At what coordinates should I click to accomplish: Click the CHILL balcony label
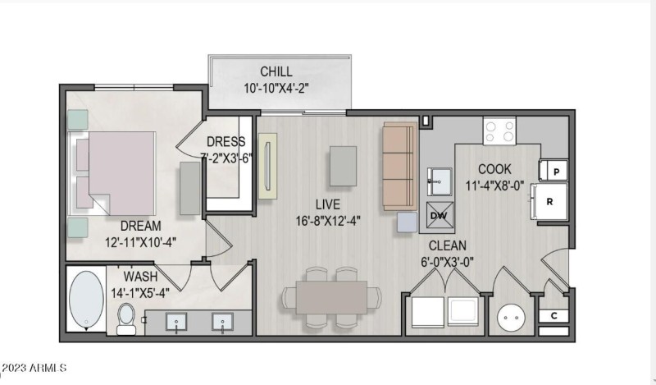tap(276, 71)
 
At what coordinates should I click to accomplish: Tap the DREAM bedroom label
tap(140, 226)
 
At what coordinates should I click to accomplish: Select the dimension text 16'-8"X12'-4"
tap(328, 221)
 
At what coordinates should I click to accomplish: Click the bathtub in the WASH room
tap(86, 299)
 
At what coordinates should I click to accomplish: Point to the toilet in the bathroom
tap(126, 319)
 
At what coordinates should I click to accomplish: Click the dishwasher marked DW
tap(440, 215)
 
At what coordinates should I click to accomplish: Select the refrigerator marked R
tap(549, 201)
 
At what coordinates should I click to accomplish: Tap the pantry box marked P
tap(553, 171)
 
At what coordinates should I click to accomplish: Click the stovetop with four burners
tap(499, 131)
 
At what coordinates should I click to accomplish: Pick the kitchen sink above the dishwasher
tap(440, 181)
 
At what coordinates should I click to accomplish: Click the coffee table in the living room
tap(343, 166)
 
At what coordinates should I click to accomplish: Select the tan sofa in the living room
tap(399, 167)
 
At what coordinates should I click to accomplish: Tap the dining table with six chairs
tap(332, 297)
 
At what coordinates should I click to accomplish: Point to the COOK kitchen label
tap(494, 169)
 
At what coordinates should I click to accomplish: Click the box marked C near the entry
tap(553, 316)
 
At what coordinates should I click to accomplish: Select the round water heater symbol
tap(511, 318)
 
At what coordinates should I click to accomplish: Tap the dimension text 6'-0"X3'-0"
tap(447, 262)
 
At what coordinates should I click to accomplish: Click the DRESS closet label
tap(226, 141)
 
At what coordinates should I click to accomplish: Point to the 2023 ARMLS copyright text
tap(34, 368)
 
